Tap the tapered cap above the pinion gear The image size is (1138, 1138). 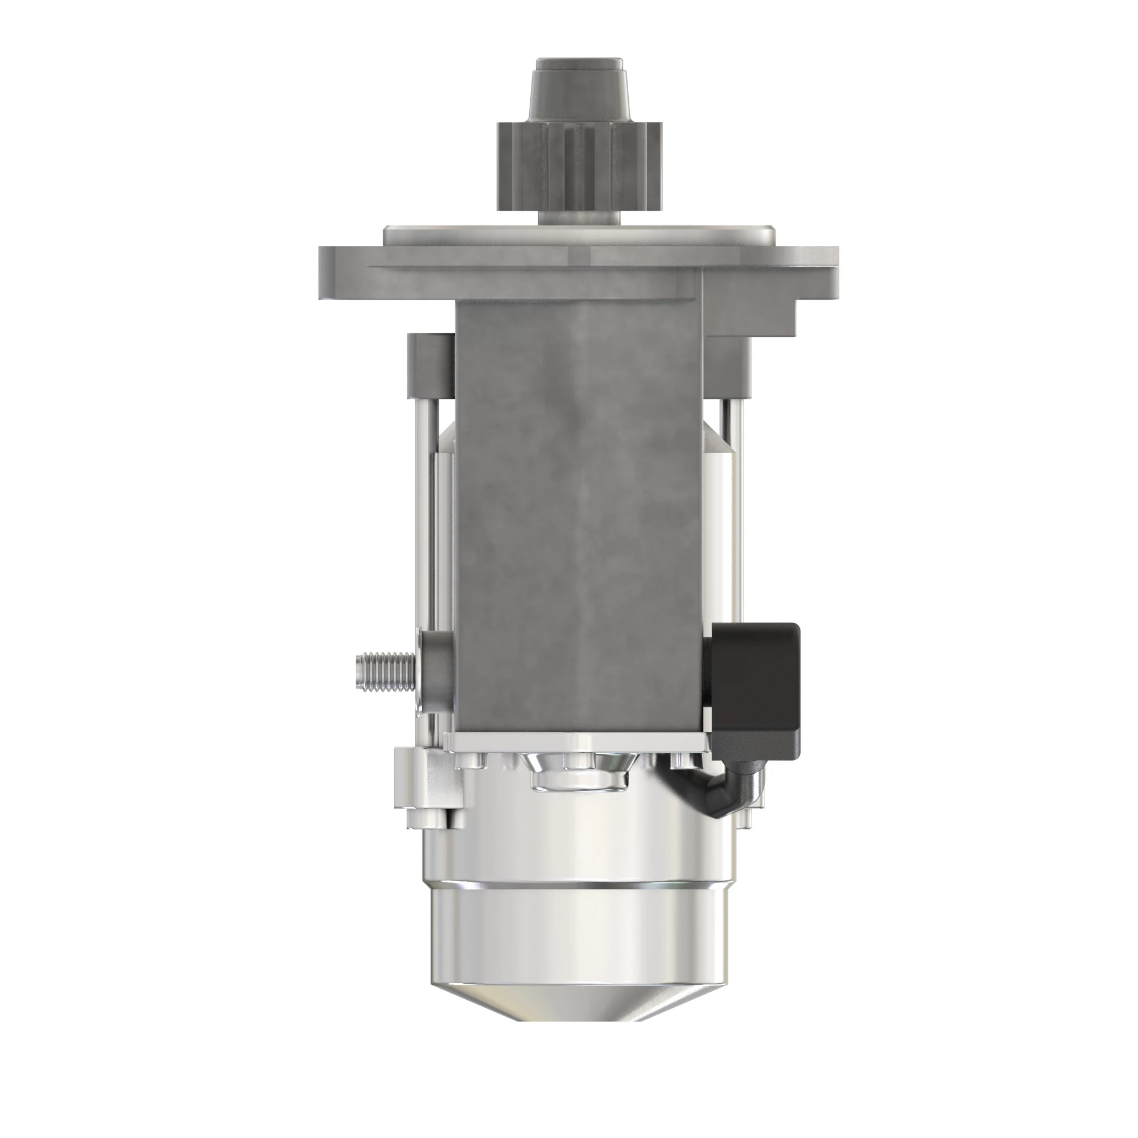click(579, 88)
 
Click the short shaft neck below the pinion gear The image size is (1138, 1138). click(579, 217)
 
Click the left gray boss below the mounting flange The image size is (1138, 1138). click(431, 364)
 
